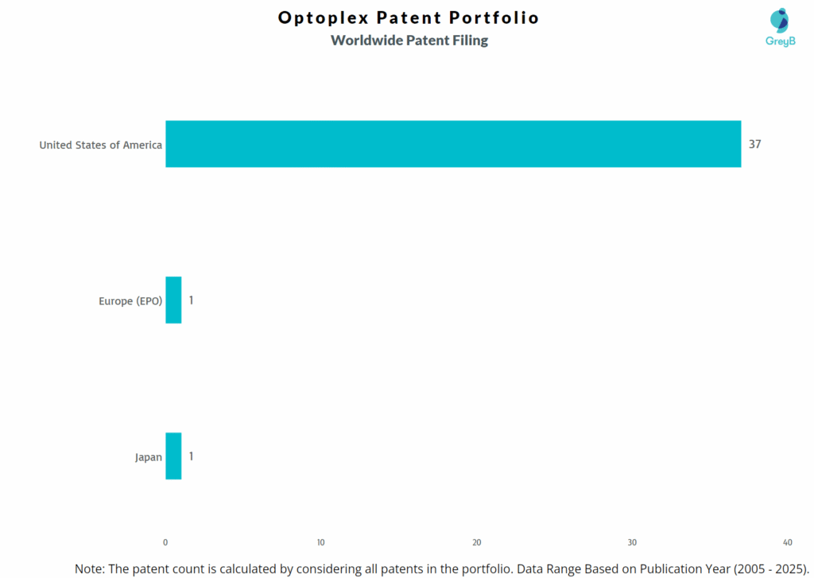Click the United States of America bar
coord(453,144)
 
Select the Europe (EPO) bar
coord(173,300)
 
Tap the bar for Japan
coord(173,456)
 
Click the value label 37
coord(754,144)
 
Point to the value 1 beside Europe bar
coord(191,300)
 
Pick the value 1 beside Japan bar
coord(191,456)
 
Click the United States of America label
coord(101,145)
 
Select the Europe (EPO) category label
coord(130,301)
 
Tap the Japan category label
coord(149,457)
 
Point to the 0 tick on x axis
coord(165,542)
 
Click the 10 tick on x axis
coord(320,542)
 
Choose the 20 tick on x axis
coord(476,542)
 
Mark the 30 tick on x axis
coord(632,542)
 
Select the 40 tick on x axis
coord(787,542)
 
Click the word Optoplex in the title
coord(323,17)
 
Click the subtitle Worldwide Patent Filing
coord(409,40)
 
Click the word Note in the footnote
coord(89,568)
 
